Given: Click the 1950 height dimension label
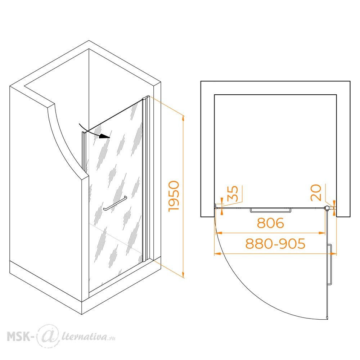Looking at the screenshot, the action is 174,196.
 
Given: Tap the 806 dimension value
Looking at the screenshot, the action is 270,223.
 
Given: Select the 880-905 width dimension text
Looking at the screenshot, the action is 275,244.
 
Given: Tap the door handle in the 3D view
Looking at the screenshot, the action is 115,203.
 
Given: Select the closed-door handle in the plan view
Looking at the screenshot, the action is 270,210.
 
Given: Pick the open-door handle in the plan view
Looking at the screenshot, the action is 330,265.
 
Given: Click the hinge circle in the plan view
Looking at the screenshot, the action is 326,208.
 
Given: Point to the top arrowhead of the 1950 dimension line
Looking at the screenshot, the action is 183,118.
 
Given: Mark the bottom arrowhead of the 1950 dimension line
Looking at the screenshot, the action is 183,275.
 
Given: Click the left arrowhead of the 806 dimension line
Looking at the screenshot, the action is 219,233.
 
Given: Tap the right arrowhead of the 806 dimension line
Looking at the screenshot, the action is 322,233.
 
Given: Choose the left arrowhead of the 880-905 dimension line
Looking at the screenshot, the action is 217,254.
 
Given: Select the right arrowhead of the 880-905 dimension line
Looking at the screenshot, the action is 333,254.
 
